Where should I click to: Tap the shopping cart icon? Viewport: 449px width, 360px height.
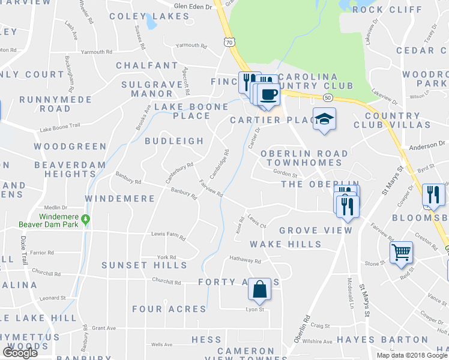coord(401,252)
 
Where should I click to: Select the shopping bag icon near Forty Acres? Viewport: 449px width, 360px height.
coord(259,289)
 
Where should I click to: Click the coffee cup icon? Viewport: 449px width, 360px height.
coord(268,93)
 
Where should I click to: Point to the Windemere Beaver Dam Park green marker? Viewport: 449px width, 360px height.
coord(86,220)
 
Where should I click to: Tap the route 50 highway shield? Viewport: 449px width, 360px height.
coord(327,97)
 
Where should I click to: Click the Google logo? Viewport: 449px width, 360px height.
coord(20,352)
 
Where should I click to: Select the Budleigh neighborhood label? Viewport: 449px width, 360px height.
coord(174,141)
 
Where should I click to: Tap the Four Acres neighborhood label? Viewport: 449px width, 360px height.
coord(169,309)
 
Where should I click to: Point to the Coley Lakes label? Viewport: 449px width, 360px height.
coord(149,16)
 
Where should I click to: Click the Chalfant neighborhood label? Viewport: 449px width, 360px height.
coord(147,65)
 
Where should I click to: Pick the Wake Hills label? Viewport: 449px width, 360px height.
coord(286,244)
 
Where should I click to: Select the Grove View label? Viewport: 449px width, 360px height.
coord(307,230)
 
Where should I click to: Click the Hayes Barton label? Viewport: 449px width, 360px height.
coord(377,339)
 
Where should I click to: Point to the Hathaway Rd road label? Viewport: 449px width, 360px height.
coord(245,261)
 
